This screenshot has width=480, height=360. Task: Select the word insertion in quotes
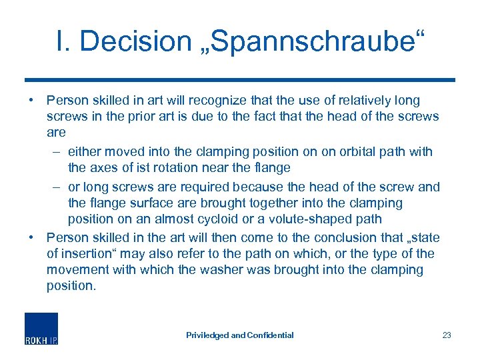point(90,253)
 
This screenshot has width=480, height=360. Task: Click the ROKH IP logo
point(41,329)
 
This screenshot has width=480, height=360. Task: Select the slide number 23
point(447,335)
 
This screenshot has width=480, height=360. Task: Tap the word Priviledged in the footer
point(207,335)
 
